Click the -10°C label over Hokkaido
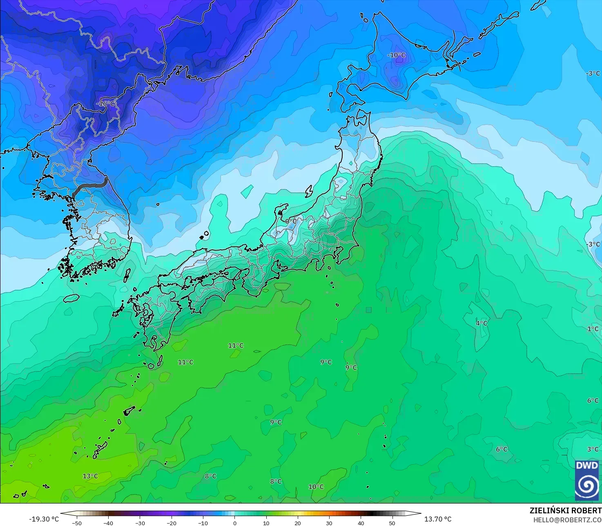pos(397,55)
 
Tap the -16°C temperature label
pos(105,104)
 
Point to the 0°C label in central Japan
pos(291,221)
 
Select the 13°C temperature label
pos(90,476)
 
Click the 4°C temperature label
pos(482,323)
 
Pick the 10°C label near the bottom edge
pos(316,487)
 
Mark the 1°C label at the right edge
pos(593,329)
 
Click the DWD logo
pos(587,480)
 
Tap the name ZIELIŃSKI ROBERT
pos(565,510)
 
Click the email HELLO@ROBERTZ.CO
pos(567,519)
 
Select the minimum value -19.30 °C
pos(44,519)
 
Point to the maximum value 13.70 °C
pos(438,519)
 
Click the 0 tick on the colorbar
pos(234,523)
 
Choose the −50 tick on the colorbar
pos(76,523)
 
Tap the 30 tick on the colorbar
pos(329,523)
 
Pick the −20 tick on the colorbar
pos(171,523)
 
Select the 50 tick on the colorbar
pos(392,523)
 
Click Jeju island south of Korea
pos(71,298)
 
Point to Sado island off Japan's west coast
pos(309,190)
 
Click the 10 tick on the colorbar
pos(266,523)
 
